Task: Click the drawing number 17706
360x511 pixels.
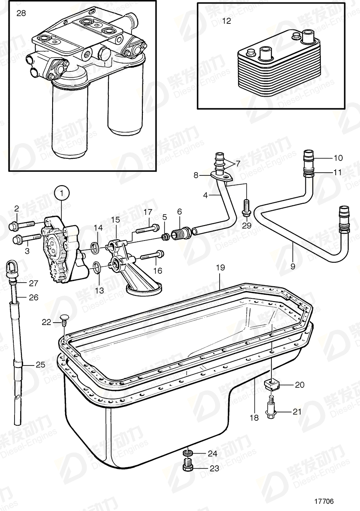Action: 324,501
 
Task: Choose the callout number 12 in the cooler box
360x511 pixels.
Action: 227,21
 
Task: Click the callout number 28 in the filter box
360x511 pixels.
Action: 21,13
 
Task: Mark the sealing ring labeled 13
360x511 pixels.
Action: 97,266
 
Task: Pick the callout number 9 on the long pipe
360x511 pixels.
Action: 292,266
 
